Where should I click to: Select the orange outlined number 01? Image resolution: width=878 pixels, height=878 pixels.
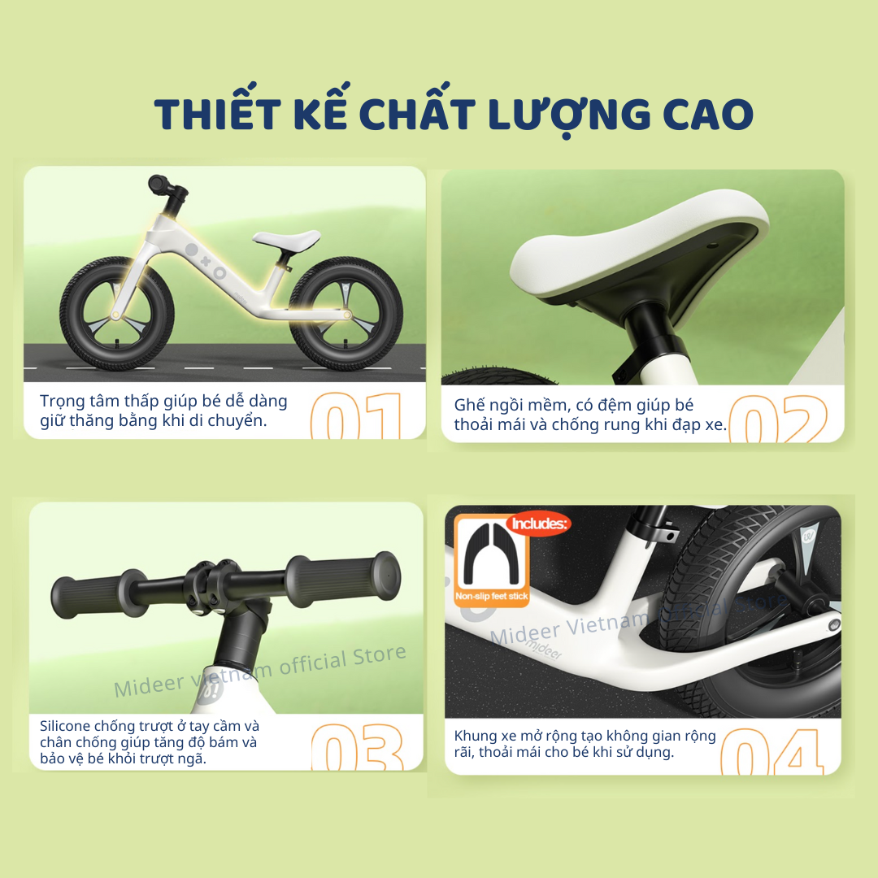click(356, 415)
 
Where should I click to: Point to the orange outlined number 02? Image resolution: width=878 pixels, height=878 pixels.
click(778, 419)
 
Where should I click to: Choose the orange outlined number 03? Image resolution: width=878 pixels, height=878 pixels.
click(357, 747)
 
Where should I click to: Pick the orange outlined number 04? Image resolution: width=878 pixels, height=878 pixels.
click(772, 751)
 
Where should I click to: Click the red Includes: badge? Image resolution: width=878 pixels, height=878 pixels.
click(539, 524)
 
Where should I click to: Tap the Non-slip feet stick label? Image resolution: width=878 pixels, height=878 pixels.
click(492, 597)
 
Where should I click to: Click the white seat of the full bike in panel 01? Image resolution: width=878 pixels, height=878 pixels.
click(287, 239)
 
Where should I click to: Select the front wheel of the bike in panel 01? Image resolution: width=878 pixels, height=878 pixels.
click(117, 313)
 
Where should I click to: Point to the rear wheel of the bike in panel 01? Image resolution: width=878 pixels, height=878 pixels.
click(346, 313)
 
